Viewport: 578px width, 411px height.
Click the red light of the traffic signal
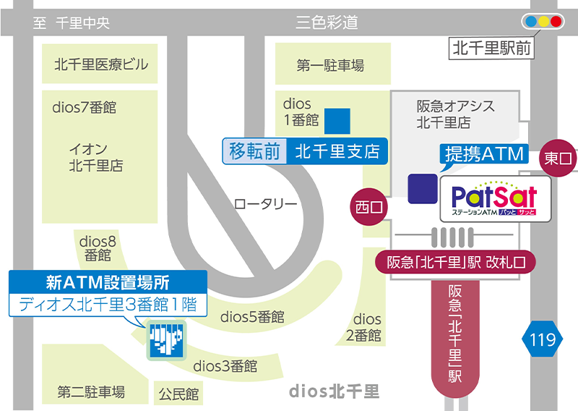(556, 22)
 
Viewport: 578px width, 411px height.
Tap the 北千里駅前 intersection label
(492, 49)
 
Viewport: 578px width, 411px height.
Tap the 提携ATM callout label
(484, 154)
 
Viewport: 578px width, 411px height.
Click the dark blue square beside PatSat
(422, 188)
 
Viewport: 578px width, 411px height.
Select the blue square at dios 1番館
(337, 121)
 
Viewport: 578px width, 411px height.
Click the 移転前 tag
(254, 152)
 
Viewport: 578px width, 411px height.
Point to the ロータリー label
(265, 204)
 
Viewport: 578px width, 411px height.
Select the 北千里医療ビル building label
(101, 65)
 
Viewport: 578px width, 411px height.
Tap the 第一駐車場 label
(330, 66)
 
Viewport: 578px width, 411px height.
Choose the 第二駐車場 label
(91, 392)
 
